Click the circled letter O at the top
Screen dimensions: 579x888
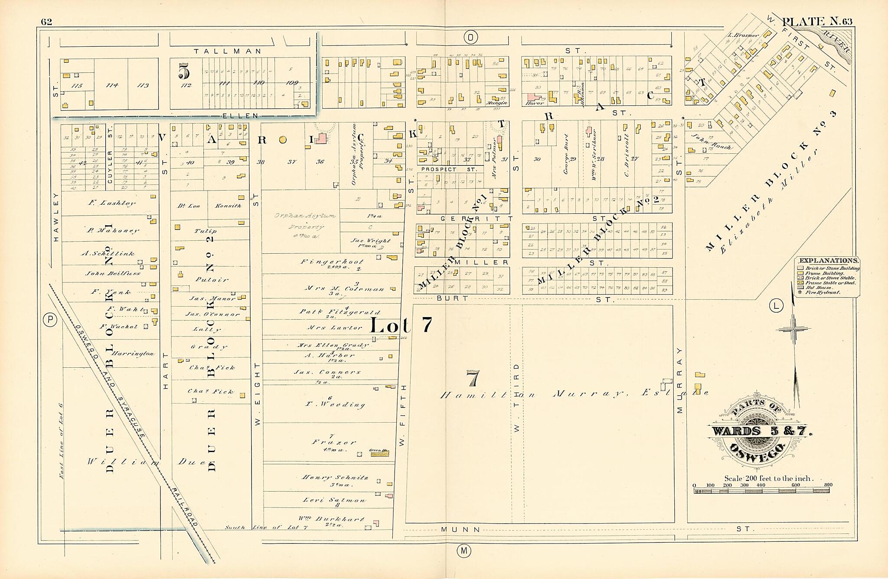coord(470,38)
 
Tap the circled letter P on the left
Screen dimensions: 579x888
coord(50,320)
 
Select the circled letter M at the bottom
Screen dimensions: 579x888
coord(464,551)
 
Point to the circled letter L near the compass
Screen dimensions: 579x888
coord(776,306)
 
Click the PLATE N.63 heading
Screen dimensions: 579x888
coord(817,21)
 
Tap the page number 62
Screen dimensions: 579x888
coord(46,22)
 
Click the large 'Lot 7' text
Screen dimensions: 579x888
coord(401,325)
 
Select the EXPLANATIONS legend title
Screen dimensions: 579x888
coord(828,261)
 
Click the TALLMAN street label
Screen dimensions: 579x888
coord(228,51)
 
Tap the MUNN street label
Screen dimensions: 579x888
coord(460,529)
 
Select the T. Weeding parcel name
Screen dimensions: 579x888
coord(334,404)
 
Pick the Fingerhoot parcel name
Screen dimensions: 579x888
coord(332,262)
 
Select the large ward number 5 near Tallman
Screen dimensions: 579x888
coord(184,71)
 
